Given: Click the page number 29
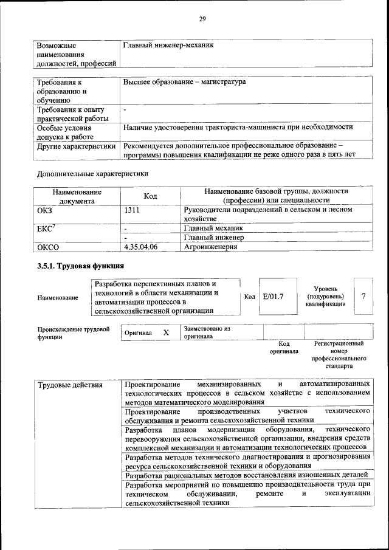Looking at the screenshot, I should pyautogui.click(x=202, y=19).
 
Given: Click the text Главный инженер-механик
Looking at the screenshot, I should pyautogui.click(x=168, y=45).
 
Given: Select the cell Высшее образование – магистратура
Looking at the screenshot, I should pyautogui.click(x=184, y=81).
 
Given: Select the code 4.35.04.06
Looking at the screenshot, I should pyautogui.click(x=140, y=247).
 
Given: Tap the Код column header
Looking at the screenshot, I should pyautogui.click(x=150, y=196).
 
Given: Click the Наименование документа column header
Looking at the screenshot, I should pyautogui.click(x=77, y=196).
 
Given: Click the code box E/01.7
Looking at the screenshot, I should pyautogui.click(x=274, y=297).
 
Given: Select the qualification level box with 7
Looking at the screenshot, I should pyautogui.click(x=363, y=297).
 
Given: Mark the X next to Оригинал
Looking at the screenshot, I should pyautogui.click(x=166, y=333).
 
